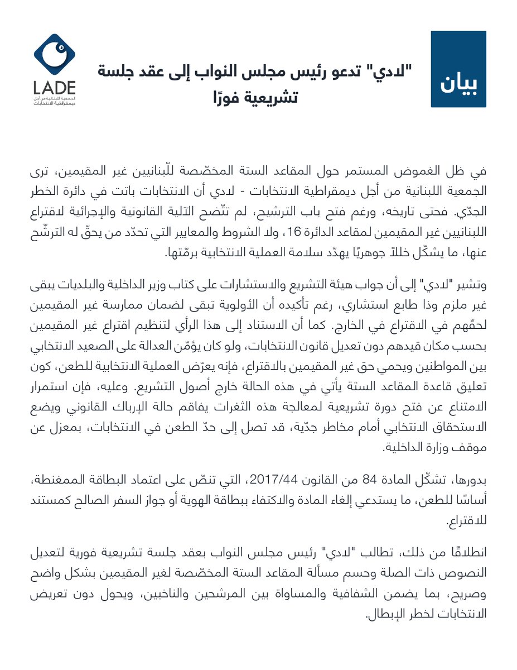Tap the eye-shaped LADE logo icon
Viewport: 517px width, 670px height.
[x=55, y=54]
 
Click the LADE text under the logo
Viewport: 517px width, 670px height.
[x=55, y=88]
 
